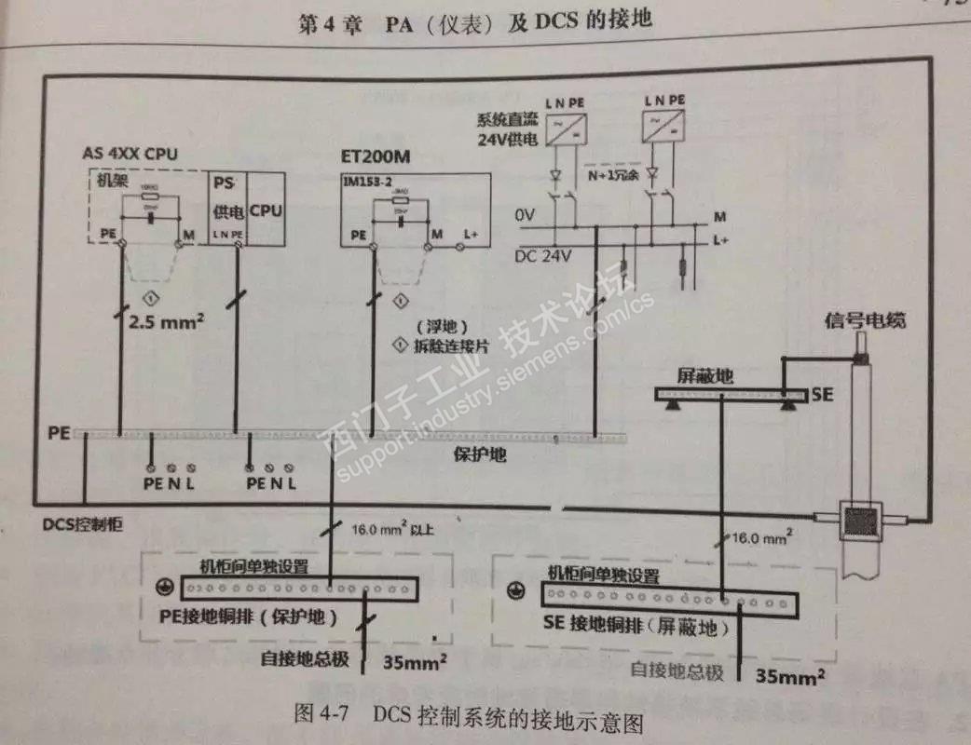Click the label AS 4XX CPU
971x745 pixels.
click(130, 154)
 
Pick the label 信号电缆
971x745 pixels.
click(865, 322)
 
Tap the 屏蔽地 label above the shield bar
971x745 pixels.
click(705, 376)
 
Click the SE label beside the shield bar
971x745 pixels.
click(821, 394)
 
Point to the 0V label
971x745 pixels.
click(525, 215)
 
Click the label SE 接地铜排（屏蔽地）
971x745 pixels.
click(635, 627)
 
